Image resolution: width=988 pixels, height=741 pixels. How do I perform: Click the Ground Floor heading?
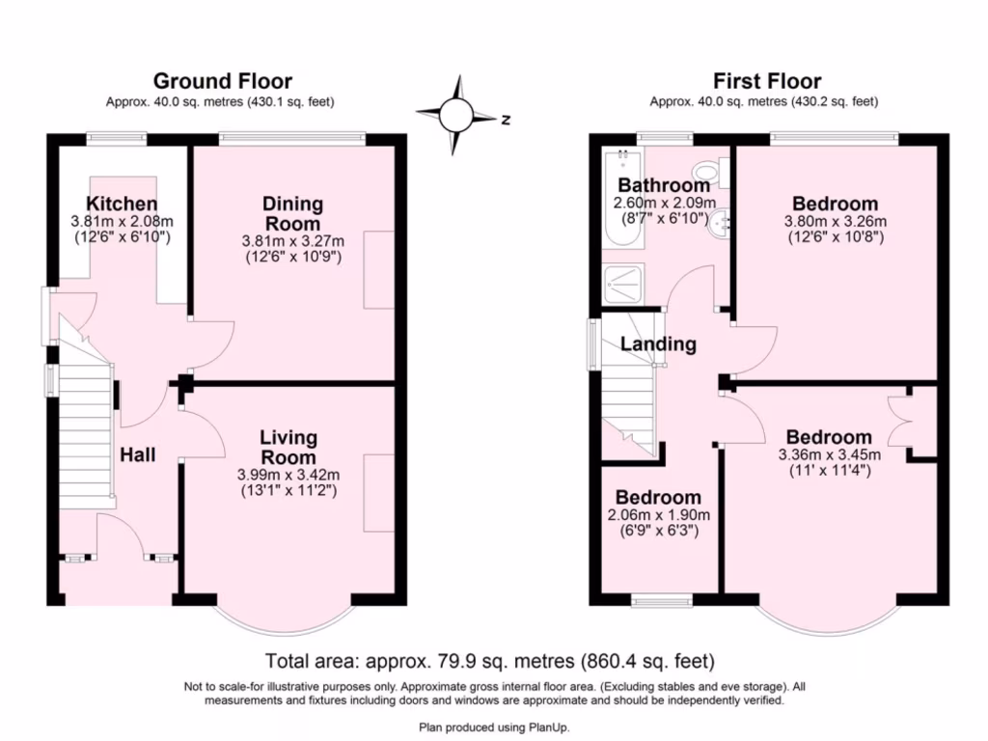pos(223,81)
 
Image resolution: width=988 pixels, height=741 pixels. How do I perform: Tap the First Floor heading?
pos(767,81)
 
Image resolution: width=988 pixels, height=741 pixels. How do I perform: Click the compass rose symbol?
pos(457,116)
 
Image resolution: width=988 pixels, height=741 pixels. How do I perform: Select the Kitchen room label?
pos(122,204)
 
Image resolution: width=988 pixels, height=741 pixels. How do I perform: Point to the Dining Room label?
pos(293,213)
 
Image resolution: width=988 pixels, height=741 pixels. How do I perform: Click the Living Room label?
pos(288,448)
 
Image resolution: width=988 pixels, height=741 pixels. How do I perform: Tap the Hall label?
pos(137,455)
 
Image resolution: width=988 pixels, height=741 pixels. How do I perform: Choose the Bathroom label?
pos(664,185)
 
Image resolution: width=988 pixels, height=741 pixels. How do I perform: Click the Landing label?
pos(658,344)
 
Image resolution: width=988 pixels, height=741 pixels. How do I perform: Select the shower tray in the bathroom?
pos(622,285)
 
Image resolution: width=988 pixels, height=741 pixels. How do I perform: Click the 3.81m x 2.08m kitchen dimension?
pos(122,222)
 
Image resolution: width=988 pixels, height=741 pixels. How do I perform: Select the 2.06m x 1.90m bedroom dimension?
pos(658,515)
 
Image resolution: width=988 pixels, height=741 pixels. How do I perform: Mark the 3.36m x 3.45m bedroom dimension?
pos(829,455)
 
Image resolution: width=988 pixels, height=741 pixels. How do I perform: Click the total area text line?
pos(489,661)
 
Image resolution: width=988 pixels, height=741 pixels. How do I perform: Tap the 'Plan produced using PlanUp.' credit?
pos(494,727)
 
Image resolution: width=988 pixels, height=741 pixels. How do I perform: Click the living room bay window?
pos(284,620)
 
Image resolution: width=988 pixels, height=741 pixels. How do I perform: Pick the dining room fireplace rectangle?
pos(379,270)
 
